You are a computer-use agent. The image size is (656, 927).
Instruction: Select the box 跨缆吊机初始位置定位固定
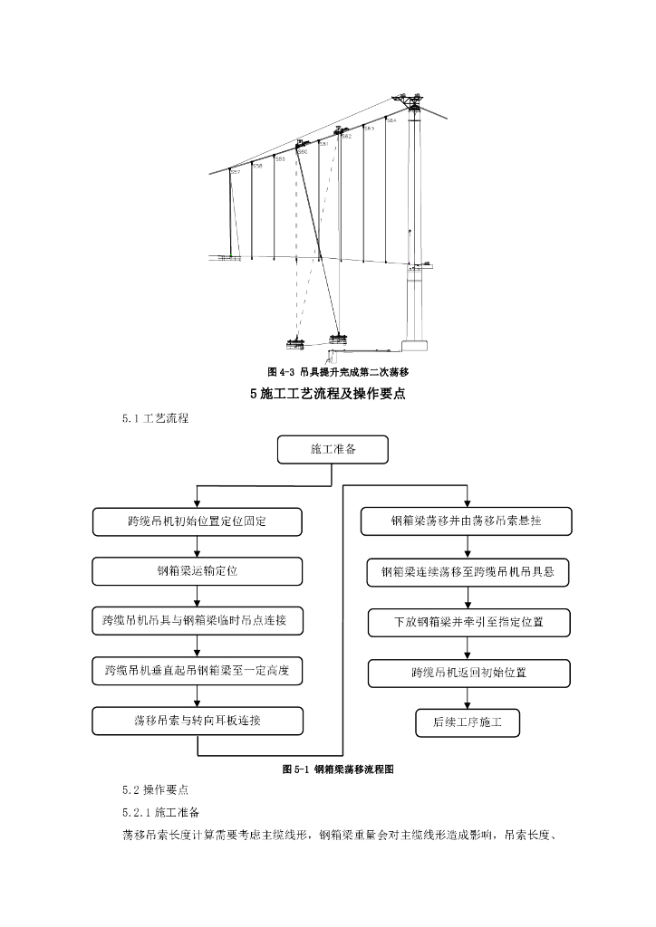click(x=198, y=521)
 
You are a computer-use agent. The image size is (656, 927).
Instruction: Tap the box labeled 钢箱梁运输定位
click(x=198, y=571)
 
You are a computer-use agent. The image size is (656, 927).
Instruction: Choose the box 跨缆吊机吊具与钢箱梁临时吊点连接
click(x=198, y=621)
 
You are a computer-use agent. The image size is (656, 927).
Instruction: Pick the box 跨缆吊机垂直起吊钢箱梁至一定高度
click(x=198, y=671)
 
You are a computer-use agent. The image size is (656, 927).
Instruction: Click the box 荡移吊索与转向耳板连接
click(x=198, y=721)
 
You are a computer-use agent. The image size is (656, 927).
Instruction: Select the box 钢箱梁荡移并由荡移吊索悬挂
click(x=467, y=521)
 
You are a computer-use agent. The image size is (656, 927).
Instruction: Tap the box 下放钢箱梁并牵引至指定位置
click(x=468, y=623)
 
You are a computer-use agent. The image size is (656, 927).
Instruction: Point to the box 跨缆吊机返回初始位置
click(x=468, y=673)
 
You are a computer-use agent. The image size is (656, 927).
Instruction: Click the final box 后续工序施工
click(x=468, y=722)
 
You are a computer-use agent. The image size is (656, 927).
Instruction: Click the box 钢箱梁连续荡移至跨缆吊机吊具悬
click(x=468, y=572)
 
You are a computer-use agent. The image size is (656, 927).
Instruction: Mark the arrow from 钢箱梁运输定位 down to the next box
click(x=198, y=596)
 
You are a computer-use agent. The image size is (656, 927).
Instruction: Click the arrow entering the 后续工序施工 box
click(x=468, y=698)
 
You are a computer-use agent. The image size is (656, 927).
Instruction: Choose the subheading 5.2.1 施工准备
click(x=166, y=811)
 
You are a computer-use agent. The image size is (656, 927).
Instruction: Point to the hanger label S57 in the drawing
click(x=236, y=172)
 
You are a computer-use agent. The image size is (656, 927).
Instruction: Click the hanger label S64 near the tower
click(x=391, y=120)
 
